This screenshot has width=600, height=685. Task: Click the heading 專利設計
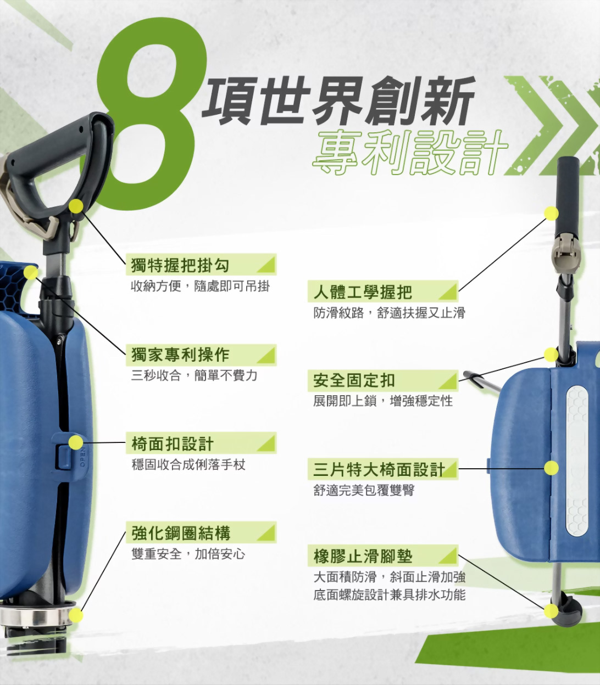pos(409,153)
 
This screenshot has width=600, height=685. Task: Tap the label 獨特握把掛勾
pos(180,266)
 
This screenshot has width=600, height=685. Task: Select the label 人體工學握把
pos(362,291)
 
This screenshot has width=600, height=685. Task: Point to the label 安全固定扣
pos(354,381)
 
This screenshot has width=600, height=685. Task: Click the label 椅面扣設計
pos(172,444)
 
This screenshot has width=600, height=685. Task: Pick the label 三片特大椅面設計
pos(379,469)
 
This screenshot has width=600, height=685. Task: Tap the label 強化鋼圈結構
pos(181,533)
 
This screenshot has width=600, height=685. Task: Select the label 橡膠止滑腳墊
pos(363,557)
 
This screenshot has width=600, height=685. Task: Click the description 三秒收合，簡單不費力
pos(194,375)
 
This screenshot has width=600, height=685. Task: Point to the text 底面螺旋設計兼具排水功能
pos(389,594)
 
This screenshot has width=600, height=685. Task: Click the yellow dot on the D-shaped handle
pos(76,206)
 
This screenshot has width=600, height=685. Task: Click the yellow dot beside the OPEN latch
pos(76,442)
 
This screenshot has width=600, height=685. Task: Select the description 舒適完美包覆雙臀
pos(364,490)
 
